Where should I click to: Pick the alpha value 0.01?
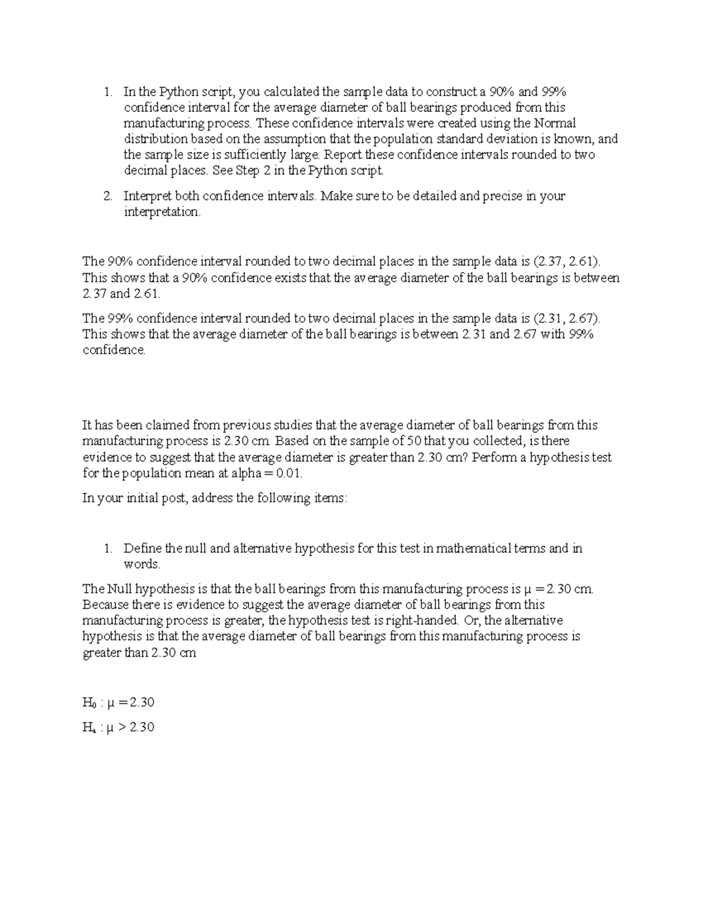click(291, 473)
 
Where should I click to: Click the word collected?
click(494, 441)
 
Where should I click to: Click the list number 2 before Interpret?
click(108, 196)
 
